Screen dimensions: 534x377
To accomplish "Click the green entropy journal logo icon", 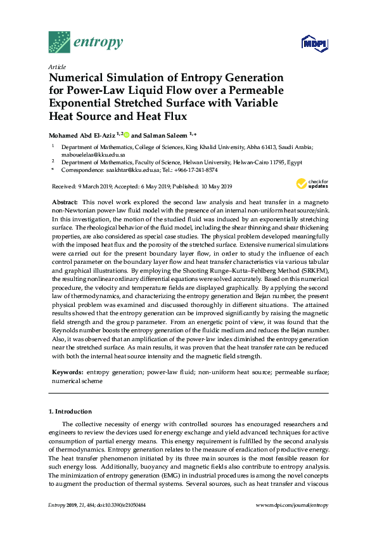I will [60, 42].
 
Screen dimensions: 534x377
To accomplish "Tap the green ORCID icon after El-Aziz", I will [126, 134].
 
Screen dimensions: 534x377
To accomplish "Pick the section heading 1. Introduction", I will [70, 411].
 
